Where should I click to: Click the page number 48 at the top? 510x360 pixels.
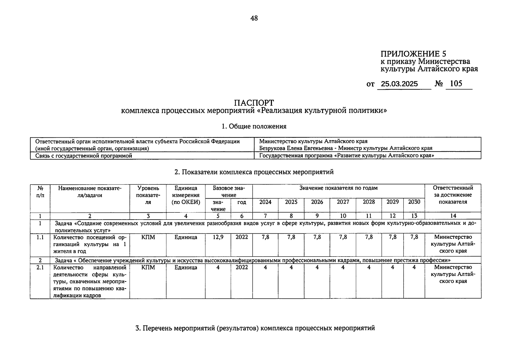coord(254,18)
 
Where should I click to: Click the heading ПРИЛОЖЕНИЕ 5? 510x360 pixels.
coord(413,54)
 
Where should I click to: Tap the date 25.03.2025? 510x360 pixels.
coord(399,84)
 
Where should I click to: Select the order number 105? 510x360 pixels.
coord(456,83)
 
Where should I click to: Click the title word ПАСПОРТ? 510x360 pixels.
coord(254,103)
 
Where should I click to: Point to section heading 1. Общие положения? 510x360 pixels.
coord(254,126)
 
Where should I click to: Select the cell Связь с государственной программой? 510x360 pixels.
coord(84,156)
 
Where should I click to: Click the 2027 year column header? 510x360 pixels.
coord(343,202)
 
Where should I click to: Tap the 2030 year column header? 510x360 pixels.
coord(414,202)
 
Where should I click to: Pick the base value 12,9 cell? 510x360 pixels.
coord(218,237)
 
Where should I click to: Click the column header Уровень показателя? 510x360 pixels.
coord(148,195)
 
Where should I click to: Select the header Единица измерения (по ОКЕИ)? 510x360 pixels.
coord(186,195)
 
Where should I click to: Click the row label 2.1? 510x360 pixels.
coord(40,267)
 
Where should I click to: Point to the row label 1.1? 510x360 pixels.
coord(40,237)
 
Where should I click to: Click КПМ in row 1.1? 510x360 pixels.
coord(148,237)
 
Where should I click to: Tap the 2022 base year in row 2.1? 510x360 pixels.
coord(242,267)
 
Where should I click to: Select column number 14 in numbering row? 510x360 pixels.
coord(453,216)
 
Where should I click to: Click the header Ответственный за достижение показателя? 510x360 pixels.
coord(453,195)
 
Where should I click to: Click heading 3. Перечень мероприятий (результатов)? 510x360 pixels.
coord(255,328)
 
